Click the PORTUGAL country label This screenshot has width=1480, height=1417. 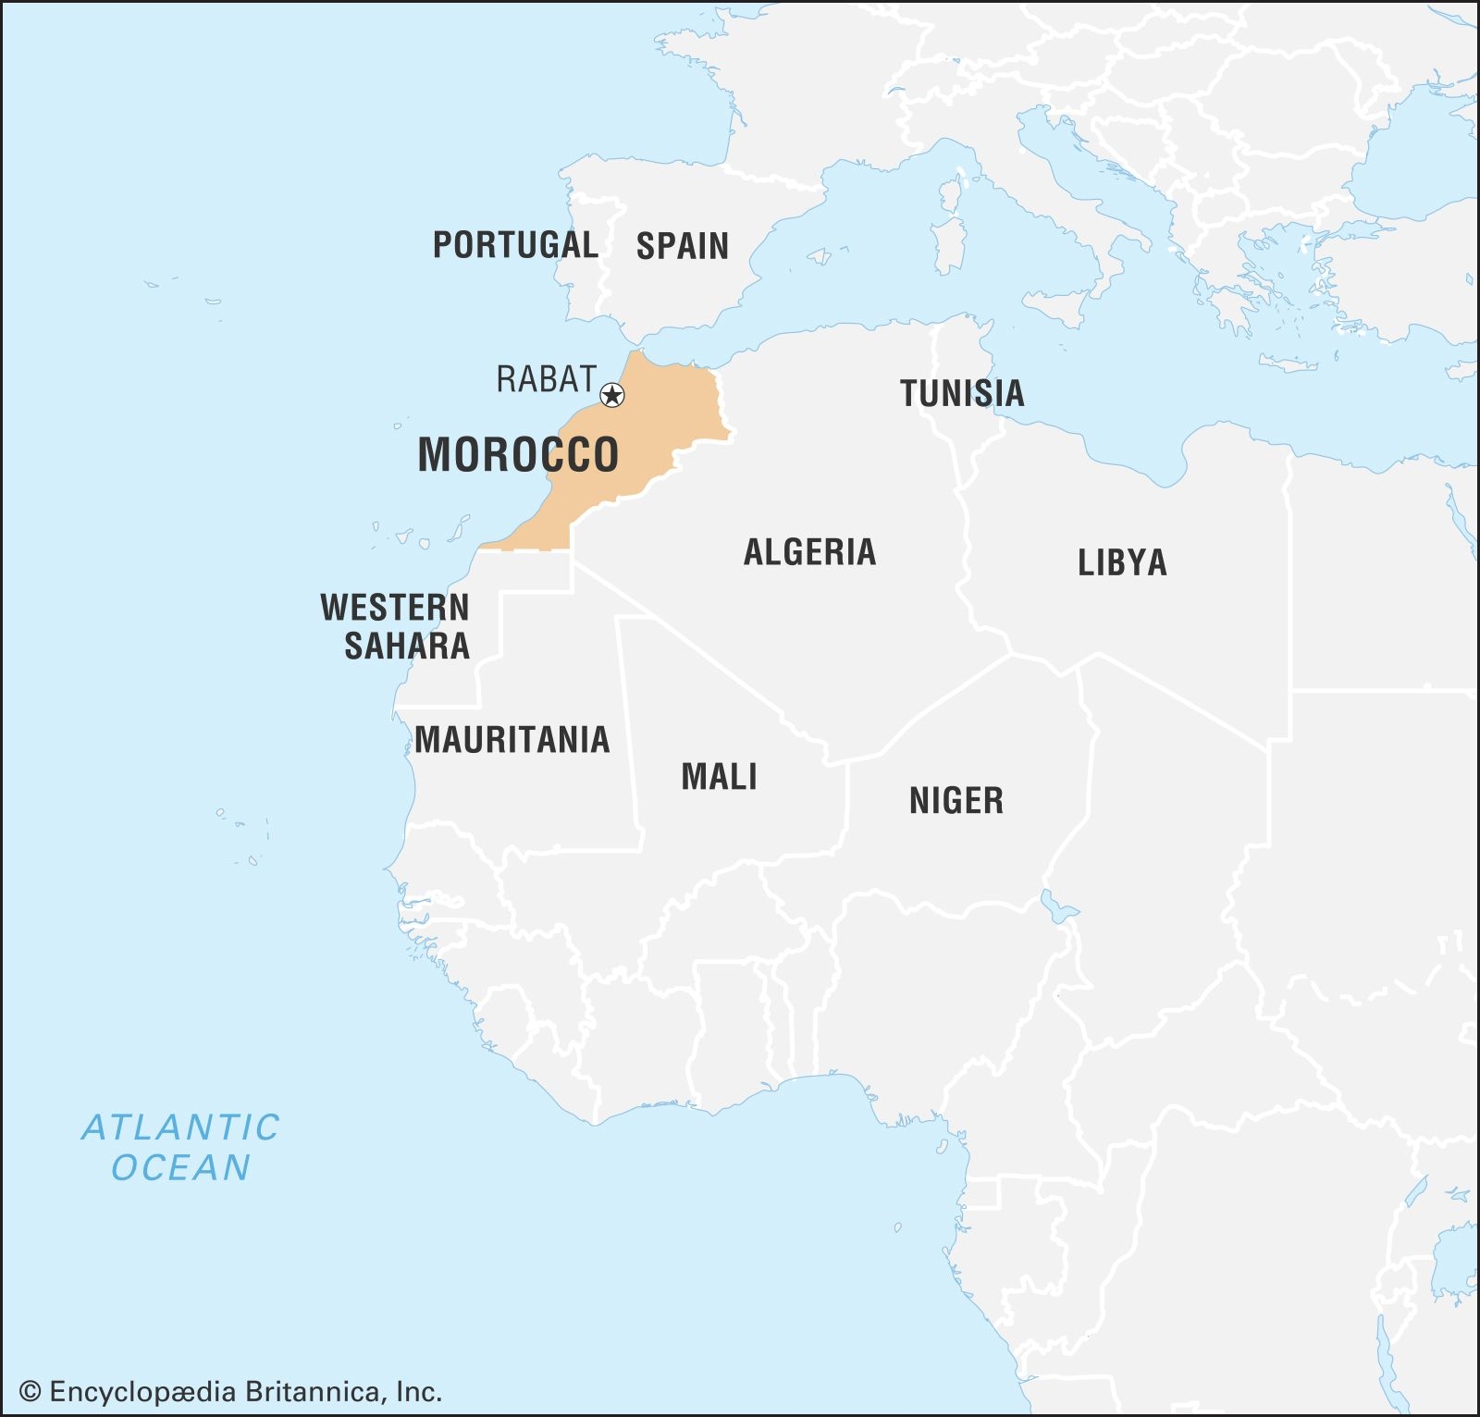pos(515,245)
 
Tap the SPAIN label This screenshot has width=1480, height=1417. pos(683,246)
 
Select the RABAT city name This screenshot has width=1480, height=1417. pos(546,379)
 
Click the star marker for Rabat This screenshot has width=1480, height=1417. pos(612,396)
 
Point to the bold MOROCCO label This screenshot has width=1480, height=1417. pos(518,455)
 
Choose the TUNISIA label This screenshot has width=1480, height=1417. pos(962,393)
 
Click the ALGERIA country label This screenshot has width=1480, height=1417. pos(809,552)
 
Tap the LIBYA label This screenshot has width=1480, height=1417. pos(1122,562)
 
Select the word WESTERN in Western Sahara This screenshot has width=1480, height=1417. pos(395,608)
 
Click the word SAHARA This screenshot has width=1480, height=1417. pos(407,646)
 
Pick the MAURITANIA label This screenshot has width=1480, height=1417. pos(512,740)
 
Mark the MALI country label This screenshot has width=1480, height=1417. pos(719,777)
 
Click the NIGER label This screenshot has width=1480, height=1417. pos(956,800)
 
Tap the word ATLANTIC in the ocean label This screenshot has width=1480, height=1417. pos(180,1127)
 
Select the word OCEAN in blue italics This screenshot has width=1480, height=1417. pos(180,1168)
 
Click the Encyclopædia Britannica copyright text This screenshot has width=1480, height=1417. pos(231,1391)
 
